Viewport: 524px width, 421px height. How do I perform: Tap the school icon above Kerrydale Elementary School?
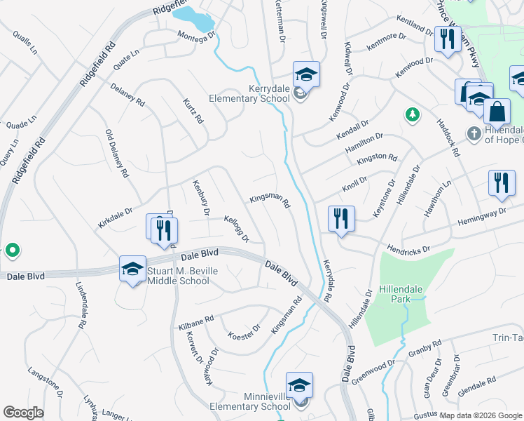click(x=305, y=74)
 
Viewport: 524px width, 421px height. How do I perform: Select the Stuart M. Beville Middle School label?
click(x=178, y=276)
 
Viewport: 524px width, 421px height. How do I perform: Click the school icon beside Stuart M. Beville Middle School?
click(x=132, y=269)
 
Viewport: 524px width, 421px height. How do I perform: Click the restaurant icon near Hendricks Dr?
click(x=341, y=218)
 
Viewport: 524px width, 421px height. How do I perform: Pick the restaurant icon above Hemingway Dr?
click(x=502, y=184)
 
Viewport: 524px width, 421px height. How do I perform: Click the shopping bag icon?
click(x=497, y=112)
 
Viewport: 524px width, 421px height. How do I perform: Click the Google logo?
click(x=23, y=413)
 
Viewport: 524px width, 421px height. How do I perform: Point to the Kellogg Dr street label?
click(x=236, y=229)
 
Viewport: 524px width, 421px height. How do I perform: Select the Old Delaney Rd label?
click(x=116, y=152)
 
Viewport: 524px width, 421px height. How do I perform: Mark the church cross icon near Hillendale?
click(x=474, y=133)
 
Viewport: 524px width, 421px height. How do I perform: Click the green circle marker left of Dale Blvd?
click(x=12, y=250)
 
